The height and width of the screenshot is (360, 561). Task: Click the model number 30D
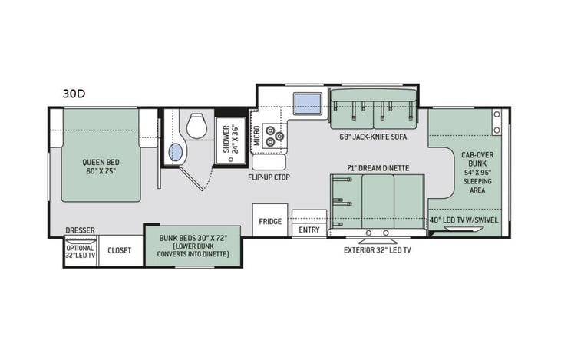coord(74,94)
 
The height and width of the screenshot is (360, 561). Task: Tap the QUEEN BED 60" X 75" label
coord(101,167)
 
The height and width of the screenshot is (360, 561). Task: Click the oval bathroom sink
coord(177,152)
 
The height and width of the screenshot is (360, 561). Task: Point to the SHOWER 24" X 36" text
coord(231,139)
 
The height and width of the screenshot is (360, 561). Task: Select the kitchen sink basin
coord(308,102)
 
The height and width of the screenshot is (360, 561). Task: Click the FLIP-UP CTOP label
coord(269,177)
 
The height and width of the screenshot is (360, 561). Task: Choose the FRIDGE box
coord(270,221)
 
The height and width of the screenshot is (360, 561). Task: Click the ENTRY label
coord(309,230)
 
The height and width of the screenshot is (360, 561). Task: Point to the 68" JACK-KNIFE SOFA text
coord(373,138)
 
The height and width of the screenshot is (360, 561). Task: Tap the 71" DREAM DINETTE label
coord(378,167)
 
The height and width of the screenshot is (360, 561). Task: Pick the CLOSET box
coord(120,250)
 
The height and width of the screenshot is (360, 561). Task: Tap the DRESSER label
coord(80,229)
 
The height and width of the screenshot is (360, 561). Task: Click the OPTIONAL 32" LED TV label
coord(81,253)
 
